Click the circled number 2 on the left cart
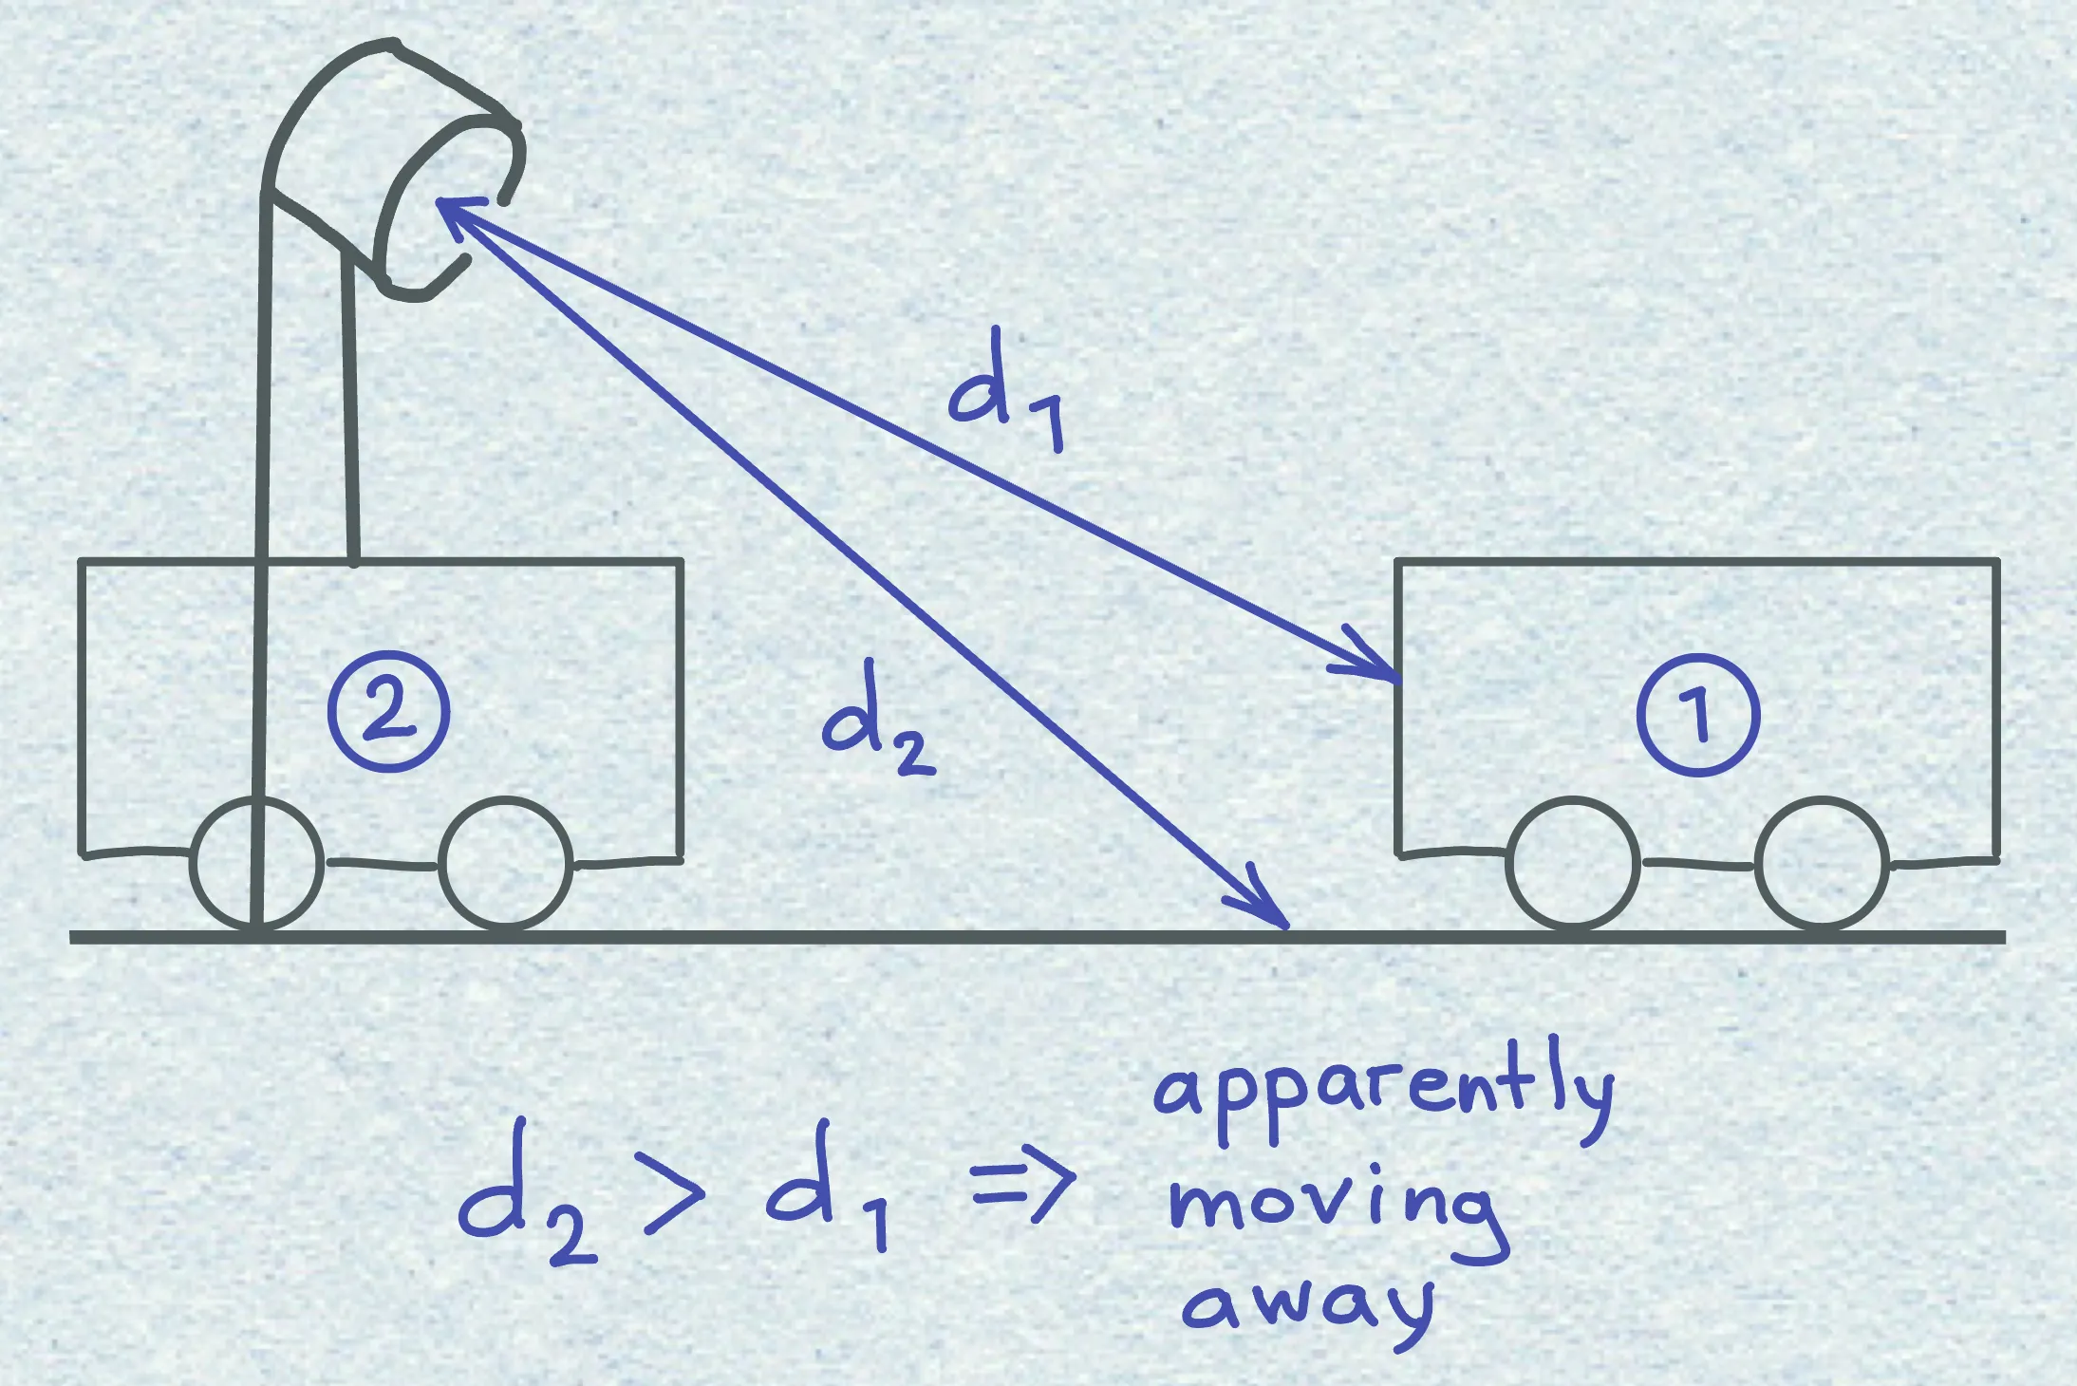point(387,713)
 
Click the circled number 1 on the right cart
point(1698,715)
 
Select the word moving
point(1338,1215)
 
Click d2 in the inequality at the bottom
point(527,1191)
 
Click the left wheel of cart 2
point(256,864)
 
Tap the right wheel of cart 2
point(506,864)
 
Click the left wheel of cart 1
point(1573,864)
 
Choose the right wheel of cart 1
point(1822,864)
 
